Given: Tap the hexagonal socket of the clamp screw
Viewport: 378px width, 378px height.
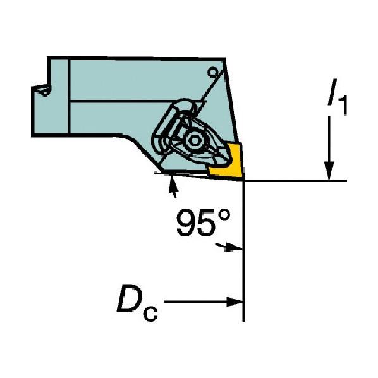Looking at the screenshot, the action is point(193,140).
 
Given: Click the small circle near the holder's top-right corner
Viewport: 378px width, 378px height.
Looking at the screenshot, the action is point(213,72).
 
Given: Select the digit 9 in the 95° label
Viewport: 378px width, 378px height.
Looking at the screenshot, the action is point(186,223).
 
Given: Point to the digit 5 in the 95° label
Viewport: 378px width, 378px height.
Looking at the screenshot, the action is point(206,223).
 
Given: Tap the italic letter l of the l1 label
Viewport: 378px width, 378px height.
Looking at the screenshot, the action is point(332,92).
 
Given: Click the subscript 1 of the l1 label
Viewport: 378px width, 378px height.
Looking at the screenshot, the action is point(343,105).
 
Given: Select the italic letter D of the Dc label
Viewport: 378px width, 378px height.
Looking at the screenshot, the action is point(130,299).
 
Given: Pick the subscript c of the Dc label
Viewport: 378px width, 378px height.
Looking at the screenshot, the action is point(150,314).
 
